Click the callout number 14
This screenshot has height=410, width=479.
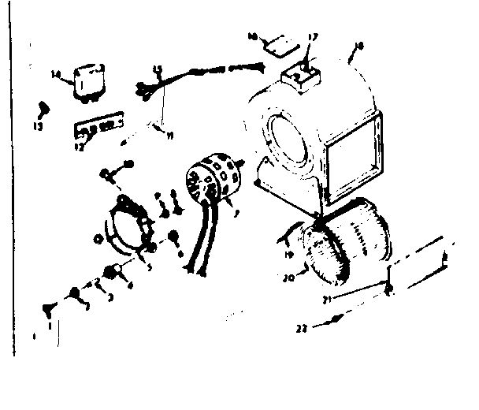(x=56, y=75)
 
